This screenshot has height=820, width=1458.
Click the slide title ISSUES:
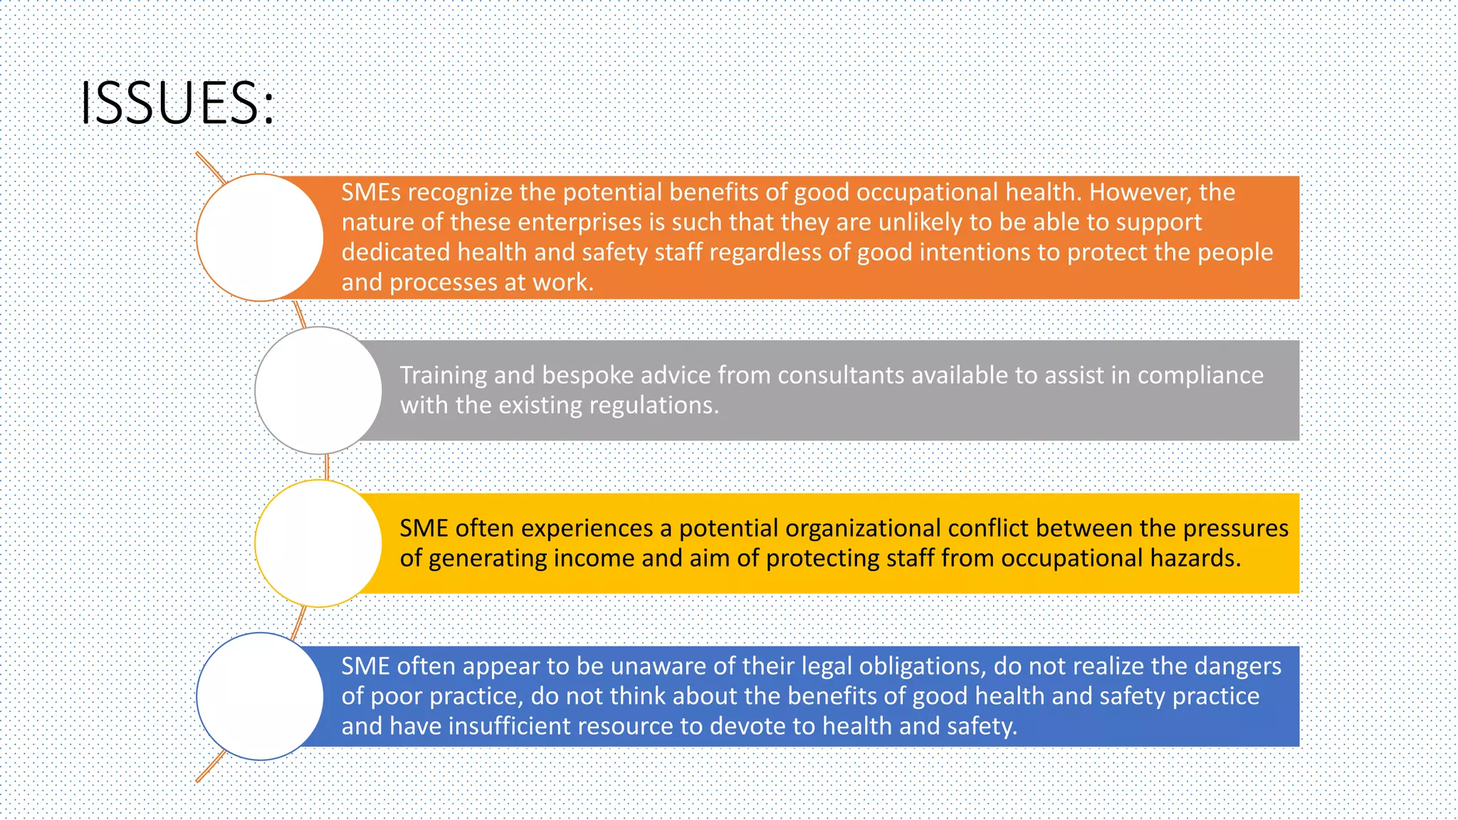click(177, 103)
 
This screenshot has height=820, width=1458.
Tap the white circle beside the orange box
click(260, 237)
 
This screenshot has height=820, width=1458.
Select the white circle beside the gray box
click(318, 390)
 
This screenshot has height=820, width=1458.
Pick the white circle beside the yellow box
click(318, 543)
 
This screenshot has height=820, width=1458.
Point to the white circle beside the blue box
click(260, 696)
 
